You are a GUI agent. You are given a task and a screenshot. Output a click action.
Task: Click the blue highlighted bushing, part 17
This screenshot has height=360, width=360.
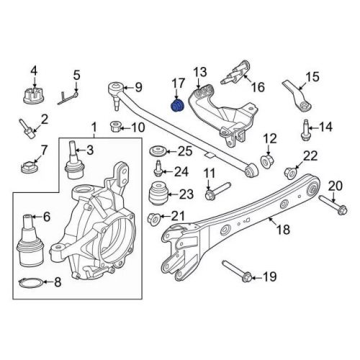point(177,106)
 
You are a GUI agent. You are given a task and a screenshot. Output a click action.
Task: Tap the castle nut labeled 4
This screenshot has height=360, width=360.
point(32,95)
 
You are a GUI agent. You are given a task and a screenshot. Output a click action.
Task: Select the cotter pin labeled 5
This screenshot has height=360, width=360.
point(68,98)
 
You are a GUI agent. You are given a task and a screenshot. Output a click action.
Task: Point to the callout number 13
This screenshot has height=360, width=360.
point(200,72)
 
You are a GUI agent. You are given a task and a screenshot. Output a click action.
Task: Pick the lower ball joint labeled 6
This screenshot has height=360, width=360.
point(30,240)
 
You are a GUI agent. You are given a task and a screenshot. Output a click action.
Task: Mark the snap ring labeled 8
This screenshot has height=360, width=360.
point(31,283)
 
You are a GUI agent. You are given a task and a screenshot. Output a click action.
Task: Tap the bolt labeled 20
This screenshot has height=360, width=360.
point(333,205)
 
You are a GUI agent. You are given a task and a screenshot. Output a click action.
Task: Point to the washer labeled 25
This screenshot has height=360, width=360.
point(157,152)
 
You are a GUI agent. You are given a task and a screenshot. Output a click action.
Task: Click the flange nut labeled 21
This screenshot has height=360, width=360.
point(153,218)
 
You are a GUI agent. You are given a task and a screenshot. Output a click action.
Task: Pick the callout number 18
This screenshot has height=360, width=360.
point(284,230)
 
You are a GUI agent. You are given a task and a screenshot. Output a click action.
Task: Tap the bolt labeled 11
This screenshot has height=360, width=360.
point(218,192)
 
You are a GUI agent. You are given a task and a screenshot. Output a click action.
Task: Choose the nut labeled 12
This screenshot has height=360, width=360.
point(268,161)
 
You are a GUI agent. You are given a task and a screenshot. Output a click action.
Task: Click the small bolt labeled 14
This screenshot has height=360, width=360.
point(305,130)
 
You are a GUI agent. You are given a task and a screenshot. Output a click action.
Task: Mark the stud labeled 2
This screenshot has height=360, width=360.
point(27,129)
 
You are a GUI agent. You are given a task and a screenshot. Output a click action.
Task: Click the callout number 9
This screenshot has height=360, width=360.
point(138,87)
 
